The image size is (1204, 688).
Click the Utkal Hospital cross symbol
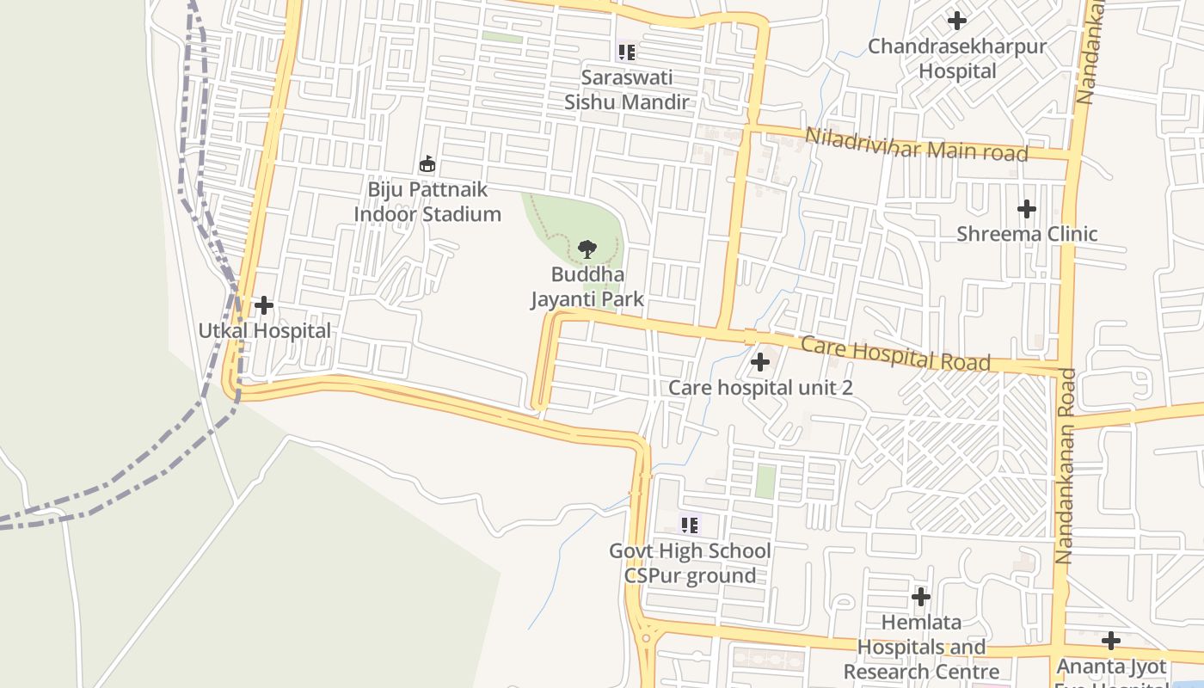264,305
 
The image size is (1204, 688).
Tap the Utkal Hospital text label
264,330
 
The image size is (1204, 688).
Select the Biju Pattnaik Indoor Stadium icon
427,163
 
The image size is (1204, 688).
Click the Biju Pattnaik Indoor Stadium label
427,201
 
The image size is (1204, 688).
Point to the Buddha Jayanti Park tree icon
587,250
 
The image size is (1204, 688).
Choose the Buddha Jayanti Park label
587,287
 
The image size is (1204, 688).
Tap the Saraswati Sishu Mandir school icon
627,52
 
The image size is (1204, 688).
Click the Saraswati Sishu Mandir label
627,89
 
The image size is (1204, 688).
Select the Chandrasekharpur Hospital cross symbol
956,21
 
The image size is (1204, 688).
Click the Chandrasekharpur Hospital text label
957,58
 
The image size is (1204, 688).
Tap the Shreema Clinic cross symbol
1026,209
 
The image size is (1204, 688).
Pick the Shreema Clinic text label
1027,234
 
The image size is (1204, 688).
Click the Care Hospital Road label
895,353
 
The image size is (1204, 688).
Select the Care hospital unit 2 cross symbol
760,362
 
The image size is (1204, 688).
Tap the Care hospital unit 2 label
760,388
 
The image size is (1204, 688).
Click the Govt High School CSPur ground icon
689,525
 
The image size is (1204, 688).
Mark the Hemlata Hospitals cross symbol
921,596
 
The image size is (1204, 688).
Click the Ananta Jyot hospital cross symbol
1111,641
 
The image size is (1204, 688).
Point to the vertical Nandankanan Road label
1066,465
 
